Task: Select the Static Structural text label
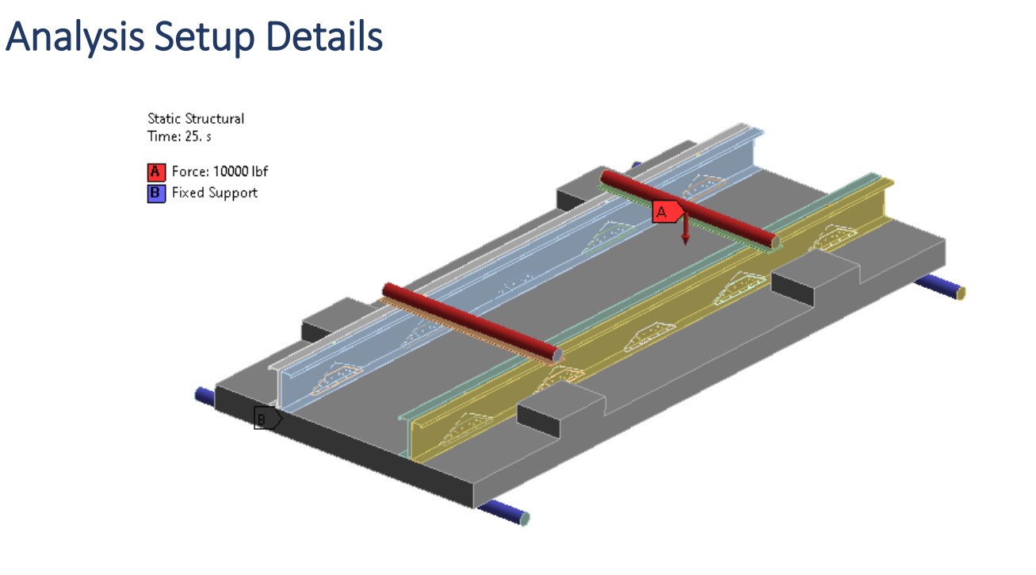(x=196, y=118)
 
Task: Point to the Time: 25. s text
(x=179, y=136)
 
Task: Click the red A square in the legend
(x=156, y=171)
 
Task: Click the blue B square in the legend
(x=156, y=193)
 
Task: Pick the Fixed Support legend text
(x=214, y=193)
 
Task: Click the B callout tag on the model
(x=266, y=417)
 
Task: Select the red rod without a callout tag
(x=468, y=322)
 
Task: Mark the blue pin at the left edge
(x=205, y=395)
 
